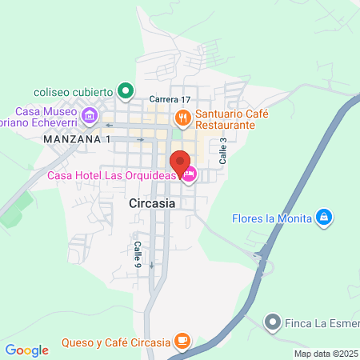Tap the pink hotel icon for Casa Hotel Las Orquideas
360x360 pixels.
click(189, 175)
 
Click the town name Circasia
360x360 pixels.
click(152, 204)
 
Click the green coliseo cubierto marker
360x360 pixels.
click(124, 90)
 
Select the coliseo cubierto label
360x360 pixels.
click(73, 90)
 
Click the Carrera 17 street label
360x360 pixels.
click(170, 99)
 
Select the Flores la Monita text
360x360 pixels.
click(271, 218)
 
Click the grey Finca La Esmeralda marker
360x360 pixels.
click(274, 323)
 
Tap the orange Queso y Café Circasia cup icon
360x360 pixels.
click(183, 342)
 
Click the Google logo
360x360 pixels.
click(26, 350)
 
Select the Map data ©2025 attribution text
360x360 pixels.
click(326, 354)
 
